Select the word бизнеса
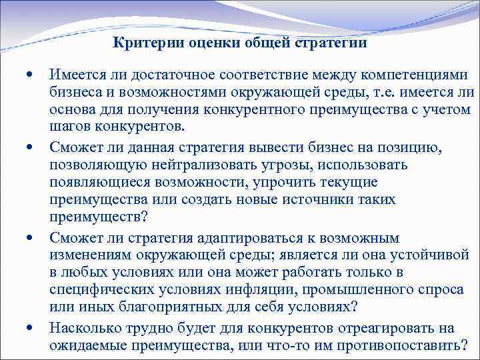[x=75, y=93]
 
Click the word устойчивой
[x=429, y=255]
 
